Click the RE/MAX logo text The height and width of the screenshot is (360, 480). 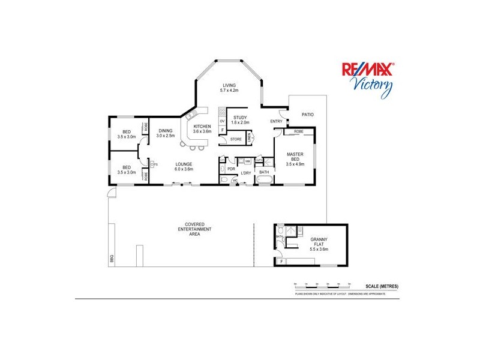(367, 70)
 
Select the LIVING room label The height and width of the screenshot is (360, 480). (230, 85)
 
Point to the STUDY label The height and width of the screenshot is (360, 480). (240, 118)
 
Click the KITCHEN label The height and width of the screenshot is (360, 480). (202, 126)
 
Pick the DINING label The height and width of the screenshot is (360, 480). (166, 131)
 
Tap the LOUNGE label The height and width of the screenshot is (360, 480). (184, 164)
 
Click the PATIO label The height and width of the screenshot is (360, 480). (307, 114)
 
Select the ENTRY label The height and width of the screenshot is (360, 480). (276, 122)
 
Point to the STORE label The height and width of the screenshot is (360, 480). (236, 139)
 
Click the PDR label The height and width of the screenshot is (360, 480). (230, 169)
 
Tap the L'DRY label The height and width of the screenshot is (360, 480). (245, 173)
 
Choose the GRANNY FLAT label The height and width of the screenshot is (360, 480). (319, 242)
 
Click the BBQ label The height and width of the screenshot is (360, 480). (111, 259)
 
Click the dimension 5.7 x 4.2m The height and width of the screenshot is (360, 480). (230, 91)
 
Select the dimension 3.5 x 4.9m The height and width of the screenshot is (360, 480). (296, 163)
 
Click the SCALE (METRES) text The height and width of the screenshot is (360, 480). (382, 286)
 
